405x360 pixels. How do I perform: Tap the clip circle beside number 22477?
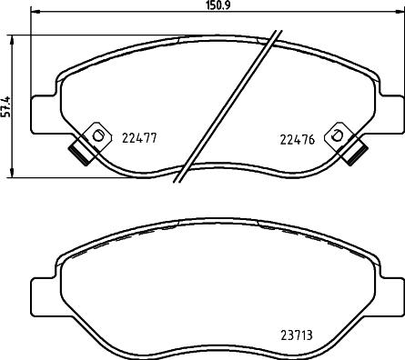94,135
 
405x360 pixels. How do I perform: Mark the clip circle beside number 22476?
337,135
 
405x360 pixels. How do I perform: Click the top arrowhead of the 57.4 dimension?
11,40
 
